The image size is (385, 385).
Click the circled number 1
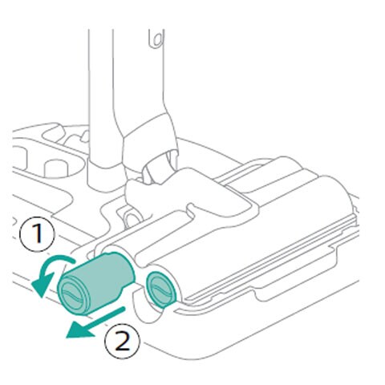click(x=37, y=233)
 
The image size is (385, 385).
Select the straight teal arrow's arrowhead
click(x=79, y=330)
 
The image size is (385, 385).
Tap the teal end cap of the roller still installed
click(x=161, y=290)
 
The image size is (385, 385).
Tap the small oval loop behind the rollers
click(x=132, y=219)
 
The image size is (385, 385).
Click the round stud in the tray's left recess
click(x=55, y=168)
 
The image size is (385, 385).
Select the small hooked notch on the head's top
click(x=195, y=209)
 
